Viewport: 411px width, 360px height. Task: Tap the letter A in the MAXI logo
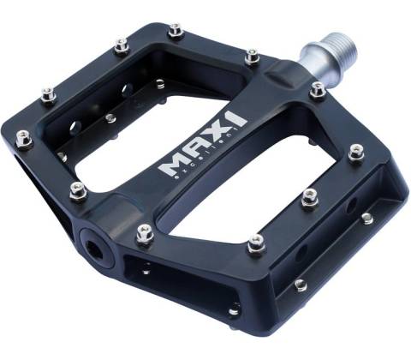[x=193, y=153]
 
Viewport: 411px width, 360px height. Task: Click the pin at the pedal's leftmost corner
[x=24, y=138]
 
